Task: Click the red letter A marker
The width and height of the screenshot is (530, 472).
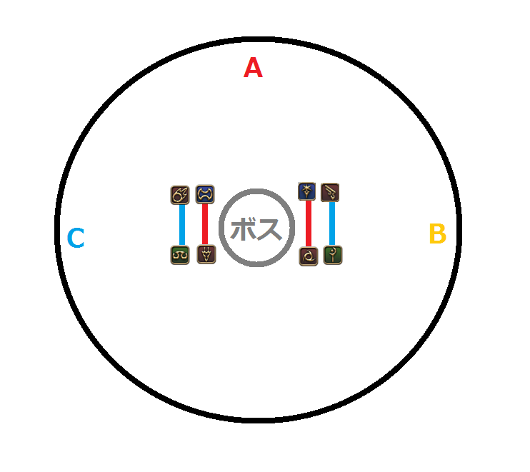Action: tap(253, 68)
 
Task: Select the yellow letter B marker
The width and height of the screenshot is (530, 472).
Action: tap(438, 234)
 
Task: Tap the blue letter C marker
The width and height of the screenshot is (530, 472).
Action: tap(76, 238)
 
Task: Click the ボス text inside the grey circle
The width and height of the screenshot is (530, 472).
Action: tap(256, 229)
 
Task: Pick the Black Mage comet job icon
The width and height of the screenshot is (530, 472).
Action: tap(180, 195)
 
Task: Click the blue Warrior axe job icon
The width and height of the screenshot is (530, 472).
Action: tap(205, 194)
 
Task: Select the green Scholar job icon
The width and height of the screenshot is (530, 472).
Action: tap(180, 255)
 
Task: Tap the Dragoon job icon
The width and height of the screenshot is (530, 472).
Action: tap(206, 254)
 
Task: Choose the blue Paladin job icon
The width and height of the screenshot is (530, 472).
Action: tap(307, 191)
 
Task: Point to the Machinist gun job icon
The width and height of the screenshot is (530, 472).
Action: tap(330, 193)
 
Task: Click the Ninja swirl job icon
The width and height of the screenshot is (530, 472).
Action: tap(309, 257)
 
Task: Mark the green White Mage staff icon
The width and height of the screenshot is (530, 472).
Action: tap(333, 255)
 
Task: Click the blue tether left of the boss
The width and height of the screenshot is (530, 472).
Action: tap(182, 225)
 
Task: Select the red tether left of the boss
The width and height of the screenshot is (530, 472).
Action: tap(205, 224)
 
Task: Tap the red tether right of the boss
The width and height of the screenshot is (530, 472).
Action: tap(309, 224)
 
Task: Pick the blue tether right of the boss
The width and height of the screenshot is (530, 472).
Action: tap(332, 224)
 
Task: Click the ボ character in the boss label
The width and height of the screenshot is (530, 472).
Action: tap(242, 229)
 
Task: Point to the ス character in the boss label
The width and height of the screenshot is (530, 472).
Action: tap(269, 229)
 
